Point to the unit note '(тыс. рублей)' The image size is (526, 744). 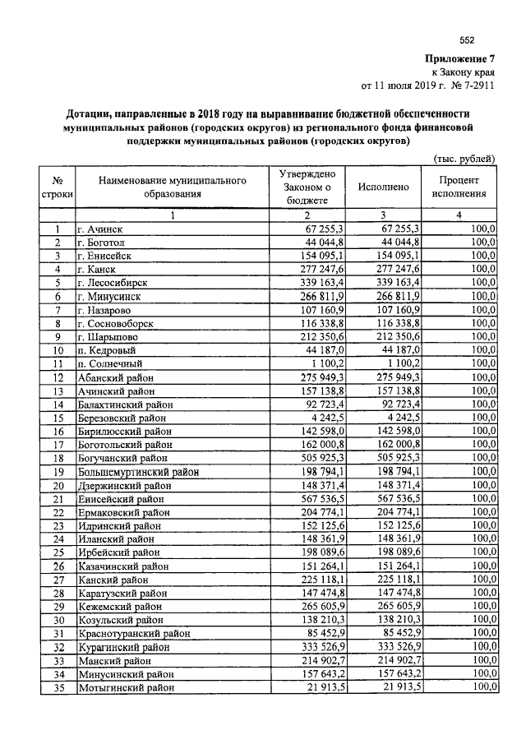(464, 158)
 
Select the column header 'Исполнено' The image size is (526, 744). (383, 187)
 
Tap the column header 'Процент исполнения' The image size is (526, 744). (459, 187)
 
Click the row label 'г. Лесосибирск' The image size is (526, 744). (112, 282)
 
